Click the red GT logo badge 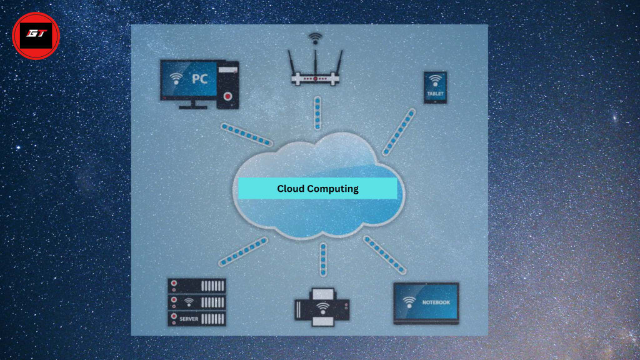36,36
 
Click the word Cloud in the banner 291,189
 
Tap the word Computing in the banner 332,189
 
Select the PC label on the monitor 200,78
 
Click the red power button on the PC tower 227,96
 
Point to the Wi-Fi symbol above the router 315,39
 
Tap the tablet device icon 435,87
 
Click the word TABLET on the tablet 435,94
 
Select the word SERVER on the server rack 189,319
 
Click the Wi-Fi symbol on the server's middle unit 189,302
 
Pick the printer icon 322,307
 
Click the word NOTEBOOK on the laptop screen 436,302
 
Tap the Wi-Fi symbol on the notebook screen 409,302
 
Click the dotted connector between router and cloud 317,113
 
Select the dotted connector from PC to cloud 246,135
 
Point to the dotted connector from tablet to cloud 398,132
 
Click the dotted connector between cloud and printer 323,259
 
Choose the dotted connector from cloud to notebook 384,255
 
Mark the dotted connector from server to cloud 243,251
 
